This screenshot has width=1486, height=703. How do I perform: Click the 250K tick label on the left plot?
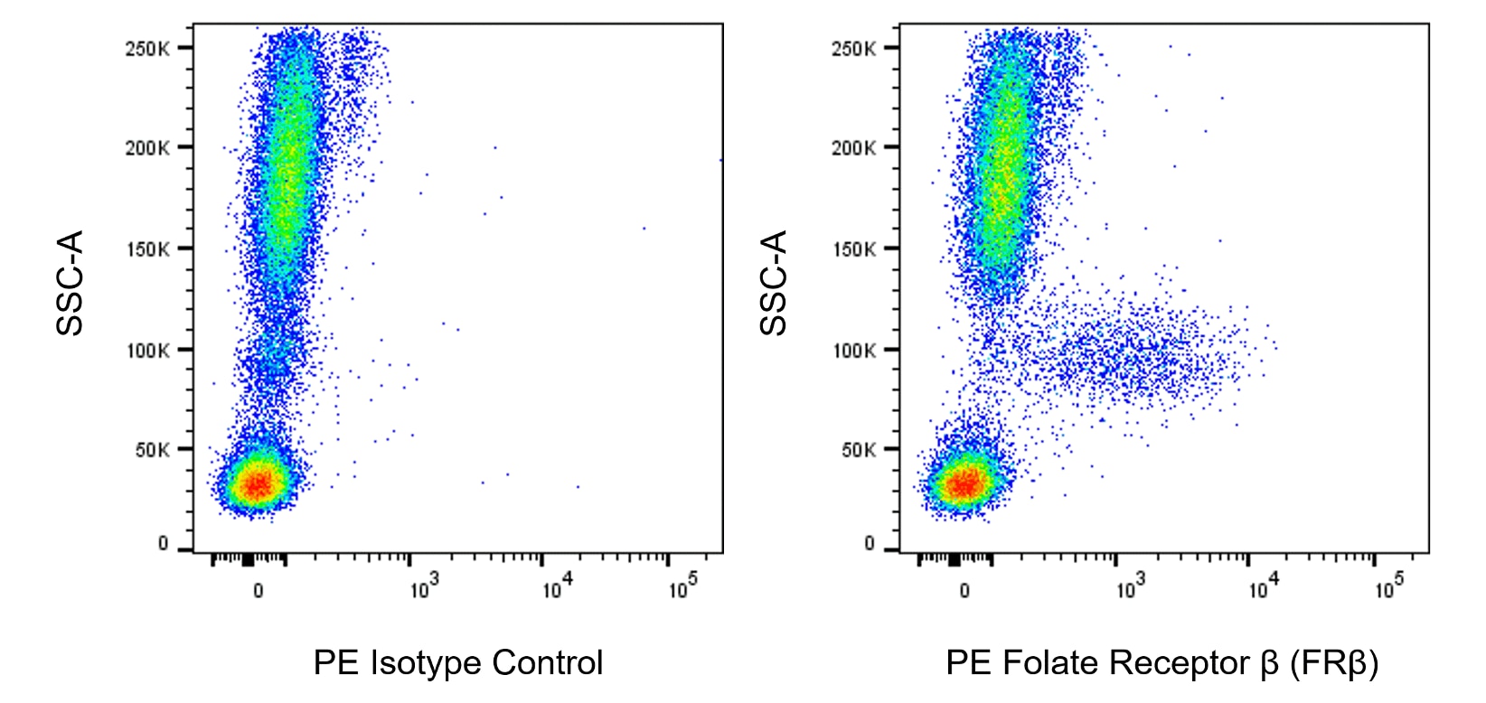[x=146, y=48]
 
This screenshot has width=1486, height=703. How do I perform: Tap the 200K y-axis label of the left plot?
[x=146, y=148]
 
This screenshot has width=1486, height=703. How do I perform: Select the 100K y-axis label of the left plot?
[x=146, y=350]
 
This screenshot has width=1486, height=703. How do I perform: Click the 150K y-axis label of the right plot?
[x=853, y=248]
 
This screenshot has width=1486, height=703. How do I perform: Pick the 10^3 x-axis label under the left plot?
[x=423, y=589]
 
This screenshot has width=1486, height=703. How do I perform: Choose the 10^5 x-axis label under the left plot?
[x=682, y=589]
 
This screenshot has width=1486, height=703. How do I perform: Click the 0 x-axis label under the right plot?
[x=964, y=591]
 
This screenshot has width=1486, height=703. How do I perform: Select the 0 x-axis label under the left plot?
[x=259, y=591]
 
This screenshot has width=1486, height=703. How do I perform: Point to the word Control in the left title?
[x=548, y=663]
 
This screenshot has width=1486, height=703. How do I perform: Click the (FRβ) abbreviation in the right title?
[x=1334, y=663]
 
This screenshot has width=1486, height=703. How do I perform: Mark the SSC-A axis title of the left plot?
[x=70, y=283]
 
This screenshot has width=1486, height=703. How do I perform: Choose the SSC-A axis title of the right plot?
[x=774, y=283]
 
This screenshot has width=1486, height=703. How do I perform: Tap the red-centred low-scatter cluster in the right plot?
[x=965, y=484]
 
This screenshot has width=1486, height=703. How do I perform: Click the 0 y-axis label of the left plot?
[x=163, y=543]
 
